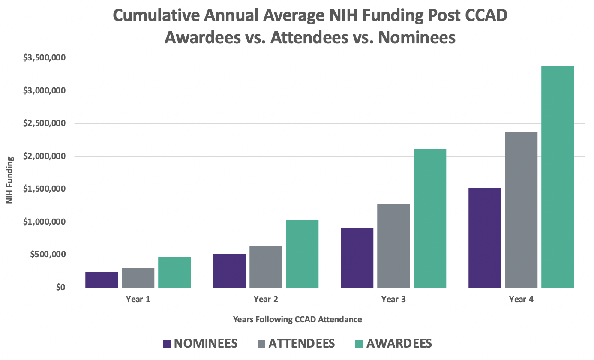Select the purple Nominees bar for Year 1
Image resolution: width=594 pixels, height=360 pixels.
tap(102, 279)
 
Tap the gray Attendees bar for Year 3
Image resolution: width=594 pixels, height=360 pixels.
tap(393, 246)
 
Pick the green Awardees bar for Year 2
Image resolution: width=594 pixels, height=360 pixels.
tap(302, 254)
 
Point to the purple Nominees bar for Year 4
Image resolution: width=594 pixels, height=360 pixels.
tap(485, 237)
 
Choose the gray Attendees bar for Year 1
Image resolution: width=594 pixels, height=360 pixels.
tap(138, 278)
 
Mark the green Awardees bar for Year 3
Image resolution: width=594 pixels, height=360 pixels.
tap(430, 218)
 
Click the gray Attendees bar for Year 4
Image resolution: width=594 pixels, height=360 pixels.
tap(521, 210)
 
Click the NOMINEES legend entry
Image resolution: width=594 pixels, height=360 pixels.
tap(200, 343)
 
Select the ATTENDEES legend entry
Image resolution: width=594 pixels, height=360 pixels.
tap(297, 343)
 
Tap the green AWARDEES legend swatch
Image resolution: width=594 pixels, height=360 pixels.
tap(359, 344)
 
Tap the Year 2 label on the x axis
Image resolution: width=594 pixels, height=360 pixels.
tap(266, 300)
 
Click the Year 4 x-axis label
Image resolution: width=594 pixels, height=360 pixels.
tap(521, 300)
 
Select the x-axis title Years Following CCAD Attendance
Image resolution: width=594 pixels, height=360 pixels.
tap(297, 319)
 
